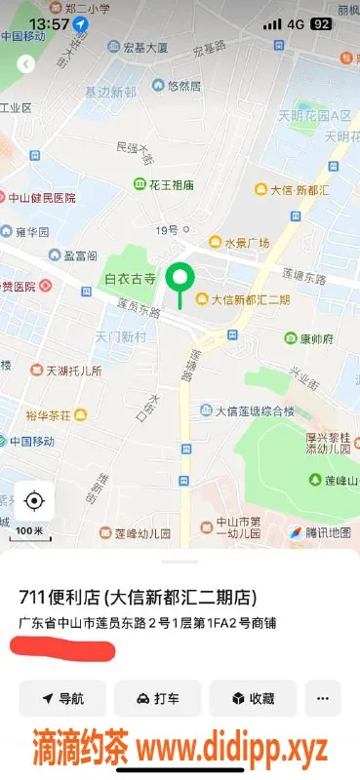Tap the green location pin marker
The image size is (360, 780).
point(179,279)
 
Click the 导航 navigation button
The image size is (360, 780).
point(61,698)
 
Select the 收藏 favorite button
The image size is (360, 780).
point(252,698)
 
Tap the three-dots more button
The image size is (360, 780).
point(323,698)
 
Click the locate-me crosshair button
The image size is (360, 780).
point(34,501)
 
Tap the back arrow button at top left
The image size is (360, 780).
point(26,63)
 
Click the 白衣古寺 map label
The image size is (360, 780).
point(130,279)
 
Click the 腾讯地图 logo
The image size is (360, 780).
point(320,532)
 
